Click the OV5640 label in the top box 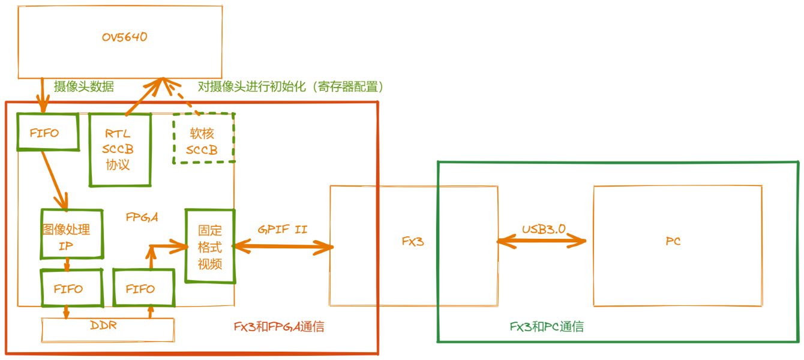point(124,37)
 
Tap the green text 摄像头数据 point(84,86)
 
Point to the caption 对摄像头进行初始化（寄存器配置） point(290,86)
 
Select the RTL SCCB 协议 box point(119,149)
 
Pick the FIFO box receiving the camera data point(47,132)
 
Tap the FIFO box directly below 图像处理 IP point(68,289)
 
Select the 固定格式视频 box point(209,246)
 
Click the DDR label point(103,326)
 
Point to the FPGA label point(142,217)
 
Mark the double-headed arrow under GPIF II point(282,246)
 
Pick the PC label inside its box point(673,242)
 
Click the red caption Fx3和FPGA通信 point(279,327)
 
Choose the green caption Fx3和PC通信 point(547,327)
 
